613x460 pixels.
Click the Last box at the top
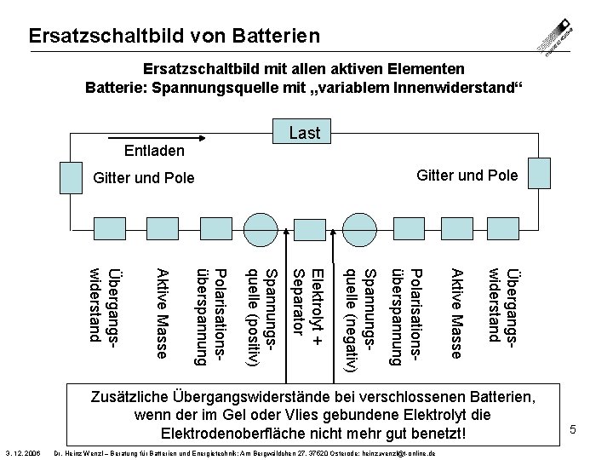tap(305, 132)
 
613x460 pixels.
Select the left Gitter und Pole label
tap(143, 178)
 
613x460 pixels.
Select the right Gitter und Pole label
tap(467, 175)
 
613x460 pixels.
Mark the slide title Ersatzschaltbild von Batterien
tap(174, 36)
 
